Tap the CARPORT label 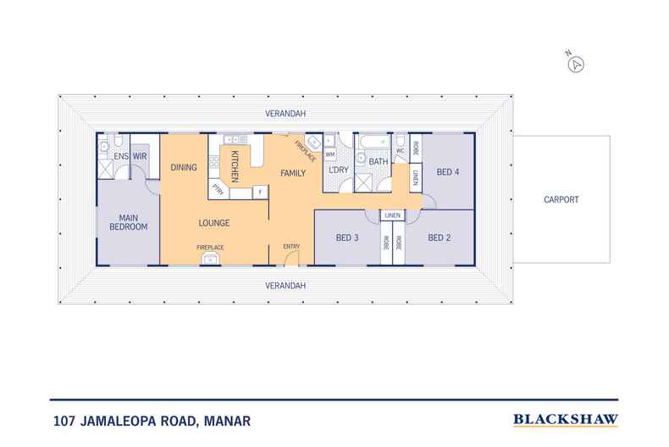pyautogui.click(x=561, y=200)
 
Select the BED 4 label pyautogui.click(x=447, y=172)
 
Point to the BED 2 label pyautogui.click(x=439, y=237)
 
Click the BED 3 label pyautogui.click(x=347, y=237)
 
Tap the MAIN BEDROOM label pyautogui.click(x=128, y=221)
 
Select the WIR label pyautogui.click(x=141, y=156)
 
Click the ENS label pyautogui.click(x=120, y=156)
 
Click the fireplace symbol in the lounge pyautogui.click(x=210, y=259)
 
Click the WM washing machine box pyautogui.click(x=329, y=154)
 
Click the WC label pyautogui.click(x=400, y=151)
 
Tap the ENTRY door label pyautogui.click(x=291, y=247)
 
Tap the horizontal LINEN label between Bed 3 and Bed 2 pyautogui.click(x=392, y=215)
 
